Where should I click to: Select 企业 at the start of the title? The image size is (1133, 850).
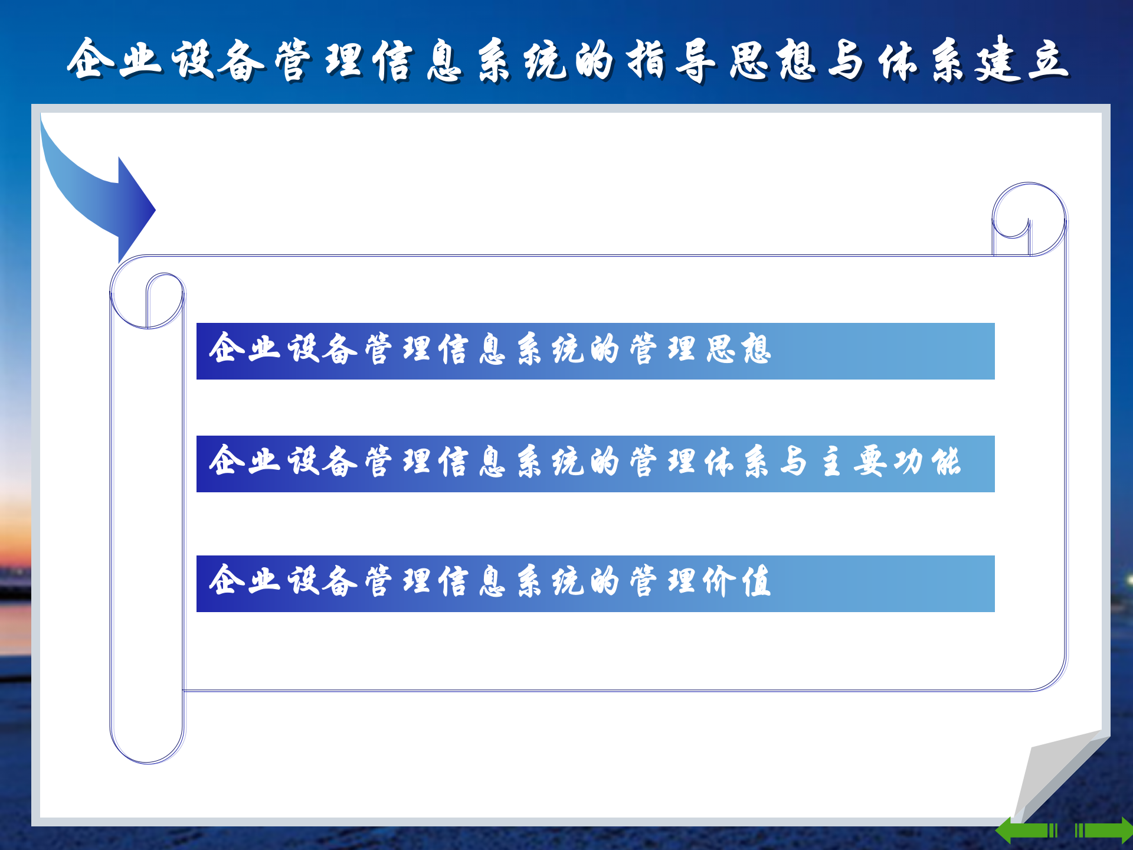click(114, 59)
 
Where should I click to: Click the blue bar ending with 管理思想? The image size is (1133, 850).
click(595, 351)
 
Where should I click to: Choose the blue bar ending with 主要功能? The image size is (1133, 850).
click(595, 463)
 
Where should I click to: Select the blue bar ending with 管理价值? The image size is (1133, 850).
click(595, 583)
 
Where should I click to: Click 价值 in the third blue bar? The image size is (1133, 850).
click(738, 582)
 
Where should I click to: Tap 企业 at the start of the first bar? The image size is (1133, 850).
click(245, 348)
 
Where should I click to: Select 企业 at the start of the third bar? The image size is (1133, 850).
click(245, 581)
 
